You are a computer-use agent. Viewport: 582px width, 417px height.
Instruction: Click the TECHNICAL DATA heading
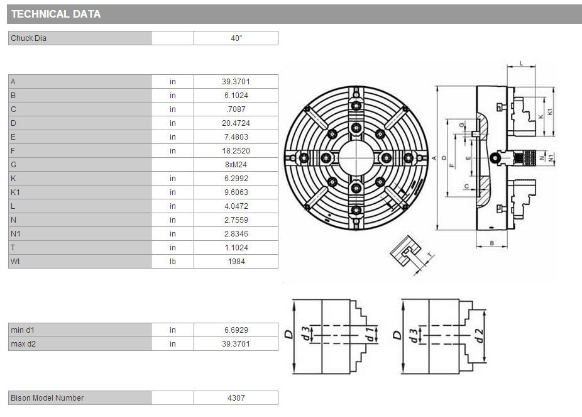coord(56,14)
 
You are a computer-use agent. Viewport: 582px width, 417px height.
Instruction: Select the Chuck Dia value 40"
coord(236,38)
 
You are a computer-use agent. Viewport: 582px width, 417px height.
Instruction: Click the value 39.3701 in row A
coord(236,82)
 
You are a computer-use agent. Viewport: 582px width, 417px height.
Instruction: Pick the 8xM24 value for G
coord(236,165)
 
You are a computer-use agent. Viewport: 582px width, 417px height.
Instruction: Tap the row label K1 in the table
coord(15,192)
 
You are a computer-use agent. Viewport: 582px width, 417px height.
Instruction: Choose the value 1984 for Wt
coord(236,262)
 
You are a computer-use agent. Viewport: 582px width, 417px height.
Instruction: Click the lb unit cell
coord(173,262)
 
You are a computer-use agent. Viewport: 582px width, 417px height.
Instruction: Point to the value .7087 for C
coord(236,109)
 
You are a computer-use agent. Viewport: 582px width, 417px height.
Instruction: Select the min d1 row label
coord(23,330)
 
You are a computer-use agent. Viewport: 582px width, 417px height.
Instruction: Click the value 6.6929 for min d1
coord(236,330)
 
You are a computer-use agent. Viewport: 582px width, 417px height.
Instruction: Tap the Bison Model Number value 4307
coord(236,398)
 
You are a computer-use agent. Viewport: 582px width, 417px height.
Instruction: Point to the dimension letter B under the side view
coord(491,243)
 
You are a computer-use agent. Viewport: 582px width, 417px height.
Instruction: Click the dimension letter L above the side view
coord(521,64)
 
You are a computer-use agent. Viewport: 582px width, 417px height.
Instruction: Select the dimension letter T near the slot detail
coord(430,255)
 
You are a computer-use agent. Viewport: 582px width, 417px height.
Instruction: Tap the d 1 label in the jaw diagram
coord(370,334)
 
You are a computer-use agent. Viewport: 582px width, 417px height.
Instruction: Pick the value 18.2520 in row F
coord(236,151)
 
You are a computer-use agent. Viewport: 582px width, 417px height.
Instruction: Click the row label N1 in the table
coord(16,234)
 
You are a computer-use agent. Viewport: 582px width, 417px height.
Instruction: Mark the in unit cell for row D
coord(173,123)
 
